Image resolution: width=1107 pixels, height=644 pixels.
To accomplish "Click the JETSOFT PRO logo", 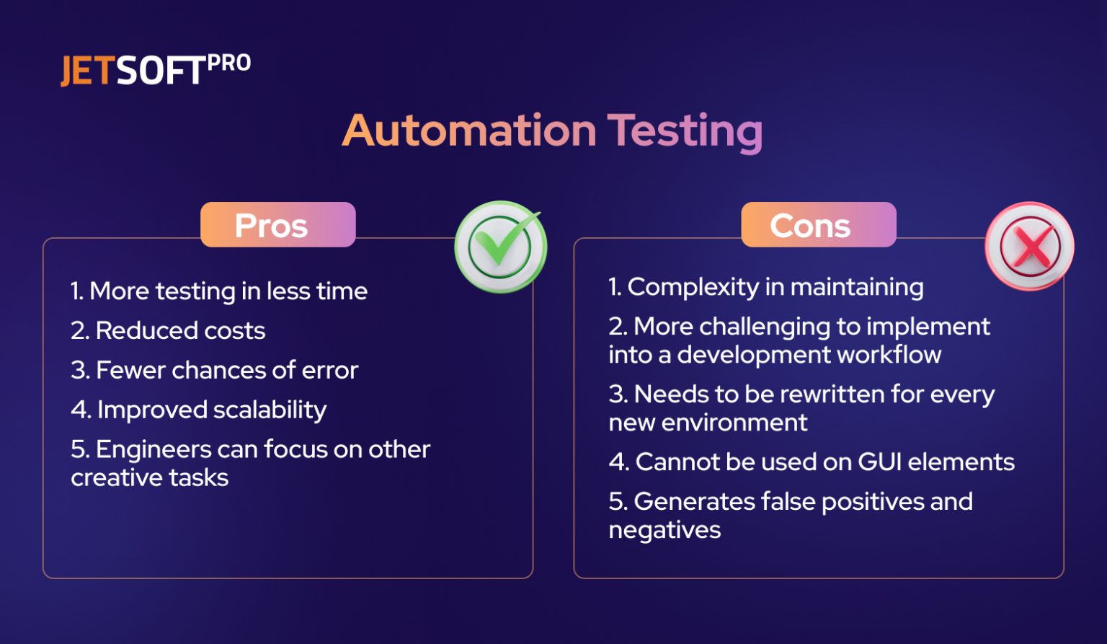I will click(x=155, y=70).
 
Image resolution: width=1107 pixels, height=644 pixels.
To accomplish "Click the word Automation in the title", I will click(x=469, y=131).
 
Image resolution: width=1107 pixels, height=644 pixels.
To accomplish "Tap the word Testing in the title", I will click(x=685, y=131).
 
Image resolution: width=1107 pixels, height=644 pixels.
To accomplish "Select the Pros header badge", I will click(x=277, y=225).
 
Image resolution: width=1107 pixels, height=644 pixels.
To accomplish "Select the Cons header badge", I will click(x=818, y=225).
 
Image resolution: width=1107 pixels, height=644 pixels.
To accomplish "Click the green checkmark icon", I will click(x=501, y=246).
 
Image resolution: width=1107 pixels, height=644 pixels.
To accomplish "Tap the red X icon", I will click(x=1030, y=246).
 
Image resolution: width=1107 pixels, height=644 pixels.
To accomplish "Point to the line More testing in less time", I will click(x=219, y=291).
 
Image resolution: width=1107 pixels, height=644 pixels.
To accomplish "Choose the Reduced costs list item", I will click(x=168, y=331).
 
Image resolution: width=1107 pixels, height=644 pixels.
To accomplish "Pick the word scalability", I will click(x=270, y=410).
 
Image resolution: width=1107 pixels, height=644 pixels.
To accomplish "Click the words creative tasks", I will click(x=150, y=477).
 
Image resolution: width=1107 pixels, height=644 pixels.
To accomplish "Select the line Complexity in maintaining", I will click(x=765, y=287).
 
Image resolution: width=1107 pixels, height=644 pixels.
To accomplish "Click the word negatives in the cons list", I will click(x=664, y=530).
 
